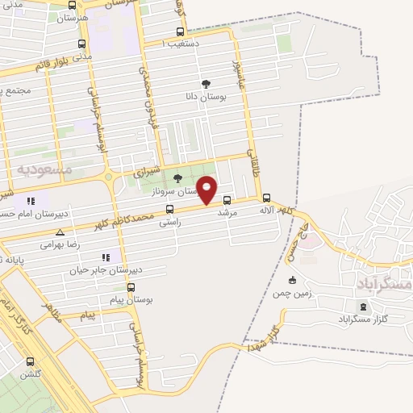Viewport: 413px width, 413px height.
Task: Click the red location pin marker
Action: pyautogui.click(x=208, y=189)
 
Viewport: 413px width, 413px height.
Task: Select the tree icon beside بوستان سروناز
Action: pyautogui.click(x=177, y=178)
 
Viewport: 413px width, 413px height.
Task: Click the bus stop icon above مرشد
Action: pyautogui.click(x=227, y=200)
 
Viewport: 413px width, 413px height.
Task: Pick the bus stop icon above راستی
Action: pyautogui.click(x=168, y=209)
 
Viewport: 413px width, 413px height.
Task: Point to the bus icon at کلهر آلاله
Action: pyautogui.click(x=266, y=198)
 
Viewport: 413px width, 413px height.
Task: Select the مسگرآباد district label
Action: pyautogui.click(x=383, y=285)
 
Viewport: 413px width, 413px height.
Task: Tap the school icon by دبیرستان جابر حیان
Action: pyautogui.click(x=106, y=257)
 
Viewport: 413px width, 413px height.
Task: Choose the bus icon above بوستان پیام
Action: pyautogui.click(x=131, y=286)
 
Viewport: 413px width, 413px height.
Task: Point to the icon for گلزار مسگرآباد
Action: pyautogui.click(x=362, y=307)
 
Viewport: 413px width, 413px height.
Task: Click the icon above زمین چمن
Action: pyautogui.click(x=292, y=280)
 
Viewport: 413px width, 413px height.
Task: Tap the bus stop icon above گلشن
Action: pyautogui.click(x=31, y=361)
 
